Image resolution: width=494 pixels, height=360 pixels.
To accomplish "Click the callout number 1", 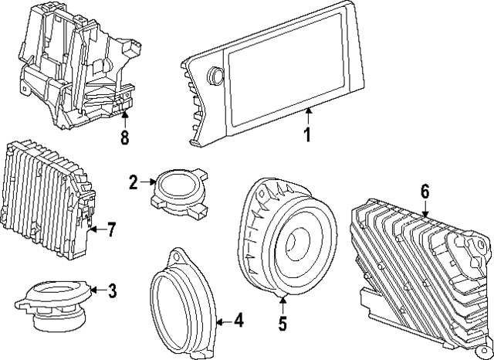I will tap(306, 137).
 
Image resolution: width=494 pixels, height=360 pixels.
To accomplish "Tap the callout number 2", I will tap(134, 182).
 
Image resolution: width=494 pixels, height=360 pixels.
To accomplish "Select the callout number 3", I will tap(112, 291).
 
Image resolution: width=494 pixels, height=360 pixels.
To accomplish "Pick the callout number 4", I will tap(239, 318).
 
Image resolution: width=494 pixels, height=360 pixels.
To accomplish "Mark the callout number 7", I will tap(111, 229).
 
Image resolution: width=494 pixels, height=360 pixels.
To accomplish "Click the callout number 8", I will tap(124, 139).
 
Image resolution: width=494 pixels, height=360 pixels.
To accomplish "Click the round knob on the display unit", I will tap(215, 76).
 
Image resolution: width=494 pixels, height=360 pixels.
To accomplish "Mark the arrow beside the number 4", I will tap(222, 318).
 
